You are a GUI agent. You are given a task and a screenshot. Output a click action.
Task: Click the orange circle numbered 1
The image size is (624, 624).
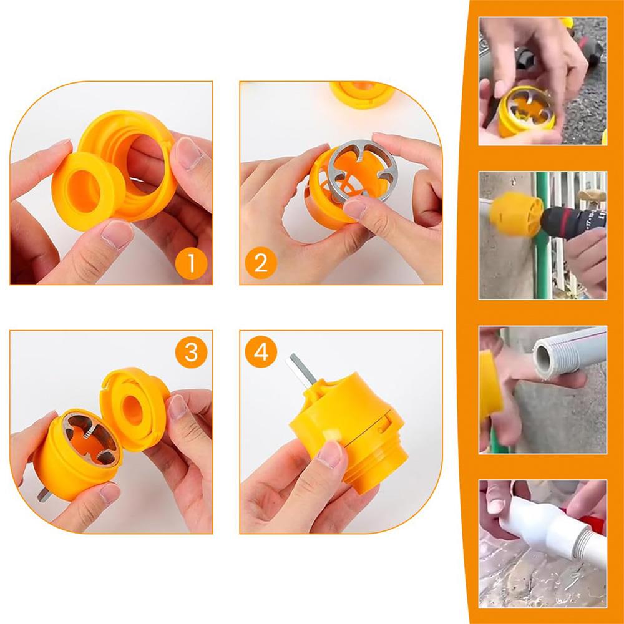click(191, 263)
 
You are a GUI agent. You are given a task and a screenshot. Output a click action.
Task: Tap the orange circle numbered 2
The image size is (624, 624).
click(261, 263)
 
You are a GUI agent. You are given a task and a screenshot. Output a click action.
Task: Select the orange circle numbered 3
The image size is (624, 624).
click(191, 352)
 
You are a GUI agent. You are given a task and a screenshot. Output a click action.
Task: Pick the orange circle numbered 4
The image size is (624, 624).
click(261, 352)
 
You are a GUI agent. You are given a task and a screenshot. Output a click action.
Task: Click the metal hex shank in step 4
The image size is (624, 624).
click(300, 369)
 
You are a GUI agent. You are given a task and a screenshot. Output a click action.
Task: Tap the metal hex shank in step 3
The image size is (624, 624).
click(44, 495)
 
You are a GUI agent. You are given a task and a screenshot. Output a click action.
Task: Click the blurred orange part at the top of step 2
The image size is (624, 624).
click(362, 94)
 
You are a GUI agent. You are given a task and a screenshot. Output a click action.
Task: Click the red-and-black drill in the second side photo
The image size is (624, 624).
click(572, 222)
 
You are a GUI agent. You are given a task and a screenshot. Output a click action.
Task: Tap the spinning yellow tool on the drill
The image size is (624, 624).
click(516, 214)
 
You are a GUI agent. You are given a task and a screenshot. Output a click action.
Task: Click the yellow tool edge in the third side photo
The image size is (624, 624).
click(490, 386)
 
